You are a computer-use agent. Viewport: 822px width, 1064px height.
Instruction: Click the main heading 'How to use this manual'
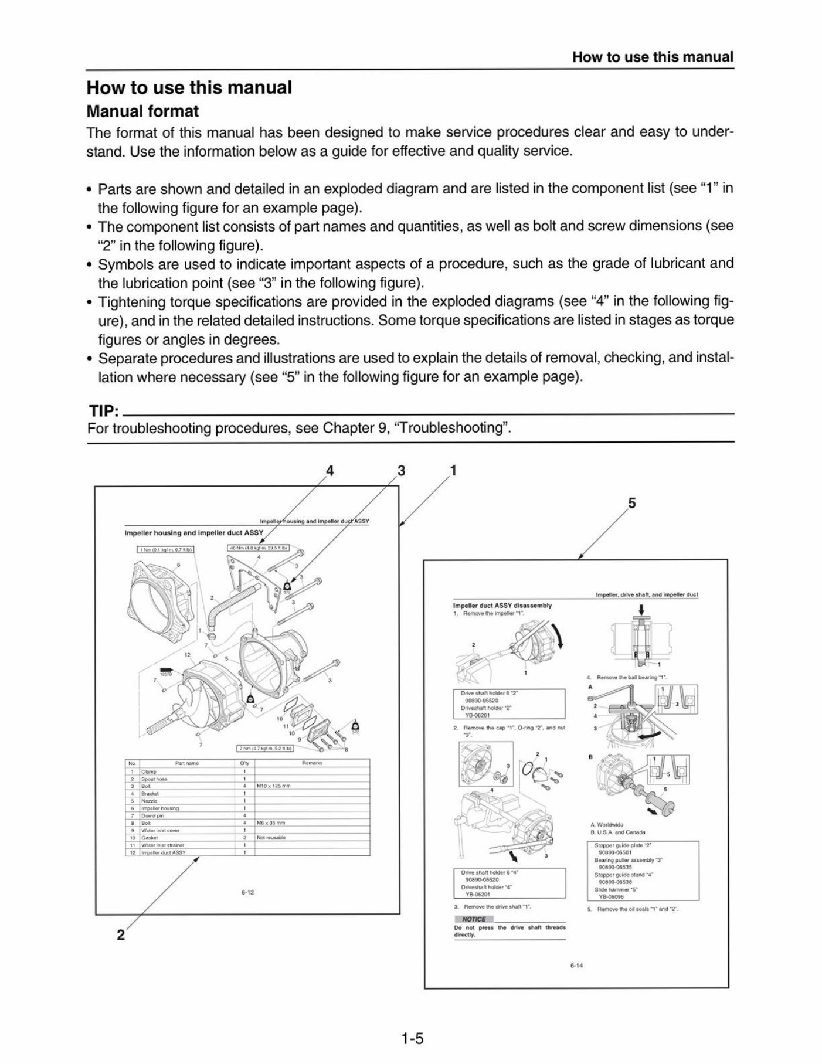[189, 88]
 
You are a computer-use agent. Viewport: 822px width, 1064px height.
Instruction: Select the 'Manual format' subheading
[142, 111]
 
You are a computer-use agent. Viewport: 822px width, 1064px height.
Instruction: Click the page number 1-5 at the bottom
[412, 1039]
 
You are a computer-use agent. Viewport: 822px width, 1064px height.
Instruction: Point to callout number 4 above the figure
[330, 471]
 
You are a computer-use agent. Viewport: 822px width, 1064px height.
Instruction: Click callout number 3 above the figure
[401, 471]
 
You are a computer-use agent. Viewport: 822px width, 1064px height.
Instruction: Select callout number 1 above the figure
[453, 470]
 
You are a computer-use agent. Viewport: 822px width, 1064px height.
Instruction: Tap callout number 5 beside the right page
[631, 503]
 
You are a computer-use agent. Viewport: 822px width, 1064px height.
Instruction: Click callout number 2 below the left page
[121, 934]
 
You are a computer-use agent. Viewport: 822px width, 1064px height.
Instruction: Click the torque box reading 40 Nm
[257, 548]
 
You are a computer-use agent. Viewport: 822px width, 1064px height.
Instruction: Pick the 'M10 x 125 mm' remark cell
[273, 786]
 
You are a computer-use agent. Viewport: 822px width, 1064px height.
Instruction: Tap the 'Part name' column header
[187, 763]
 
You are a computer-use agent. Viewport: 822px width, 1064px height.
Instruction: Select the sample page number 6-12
[247, 893]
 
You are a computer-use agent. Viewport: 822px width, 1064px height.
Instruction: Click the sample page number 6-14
[576, 966]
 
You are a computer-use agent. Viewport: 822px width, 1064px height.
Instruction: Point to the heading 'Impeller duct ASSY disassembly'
[502, 606]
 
